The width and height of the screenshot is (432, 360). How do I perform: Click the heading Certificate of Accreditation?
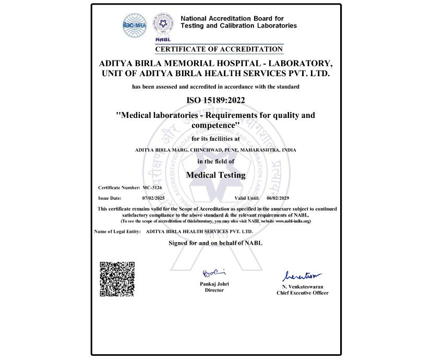click(x=219, y=49)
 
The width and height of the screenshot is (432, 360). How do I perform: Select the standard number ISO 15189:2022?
click(x=215, y=100)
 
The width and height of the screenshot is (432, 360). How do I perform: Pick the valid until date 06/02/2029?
click(x=278, y=198)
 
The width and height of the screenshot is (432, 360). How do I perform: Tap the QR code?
click(x=117, y=279)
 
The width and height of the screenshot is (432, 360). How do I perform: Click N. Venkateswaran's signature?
click(x=302, y=276)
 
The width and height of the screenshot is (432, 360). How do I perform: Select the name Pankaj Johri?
click(x=214, y=284)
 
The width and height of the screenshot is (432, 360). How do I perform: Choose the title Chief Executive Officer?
click(x=303, y=293)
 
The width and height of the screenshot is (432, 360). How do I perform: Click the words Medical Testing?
click(x=215, y=175)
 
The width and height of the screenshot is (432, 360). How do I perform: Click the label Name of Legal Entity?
click(x=117, y=231)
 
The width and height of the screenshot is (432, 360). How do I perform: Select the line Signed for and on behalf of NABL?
click(x=215, y=243)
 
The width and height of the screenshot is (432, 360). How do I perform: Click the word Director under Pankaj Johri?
click(x=214, y=290)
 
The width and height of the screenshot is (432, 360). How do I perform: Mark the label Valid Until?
click(x=247, y=198)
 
